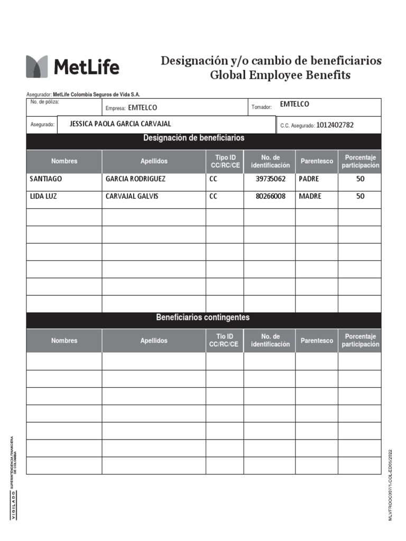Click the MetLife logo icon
37,67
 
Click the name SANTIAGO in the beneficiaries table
46,179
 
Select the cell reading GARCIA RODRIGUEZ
135,179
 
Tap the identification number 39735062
270,179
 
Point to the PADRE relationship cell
309,179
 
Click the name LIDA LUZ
43,197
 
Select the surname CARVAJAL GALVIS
132,197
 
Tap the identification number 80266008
270,197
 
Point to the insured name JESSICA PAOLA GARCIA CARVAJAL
121,124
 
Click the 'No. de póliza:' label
45,102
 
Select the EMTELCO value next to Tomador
294,105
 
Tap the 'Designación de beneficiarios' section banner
193,138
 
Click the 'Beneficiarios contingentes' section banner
203,318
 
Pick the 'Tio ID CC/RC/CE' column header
224,340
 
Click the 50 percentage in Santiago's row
360,179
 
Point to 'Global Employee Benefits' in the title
280,75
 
